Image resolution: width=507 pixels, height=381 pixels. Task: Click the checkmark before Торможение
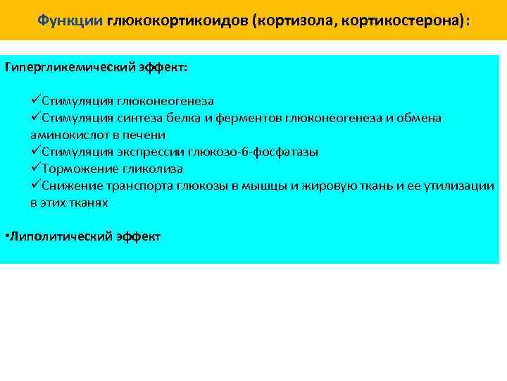(36, 169)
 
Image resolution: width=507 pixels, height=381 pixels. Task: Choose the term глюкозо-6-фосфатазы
(252, 152)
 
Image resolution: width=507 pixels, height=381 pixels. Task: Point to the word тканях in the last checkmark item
(90, 202)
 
